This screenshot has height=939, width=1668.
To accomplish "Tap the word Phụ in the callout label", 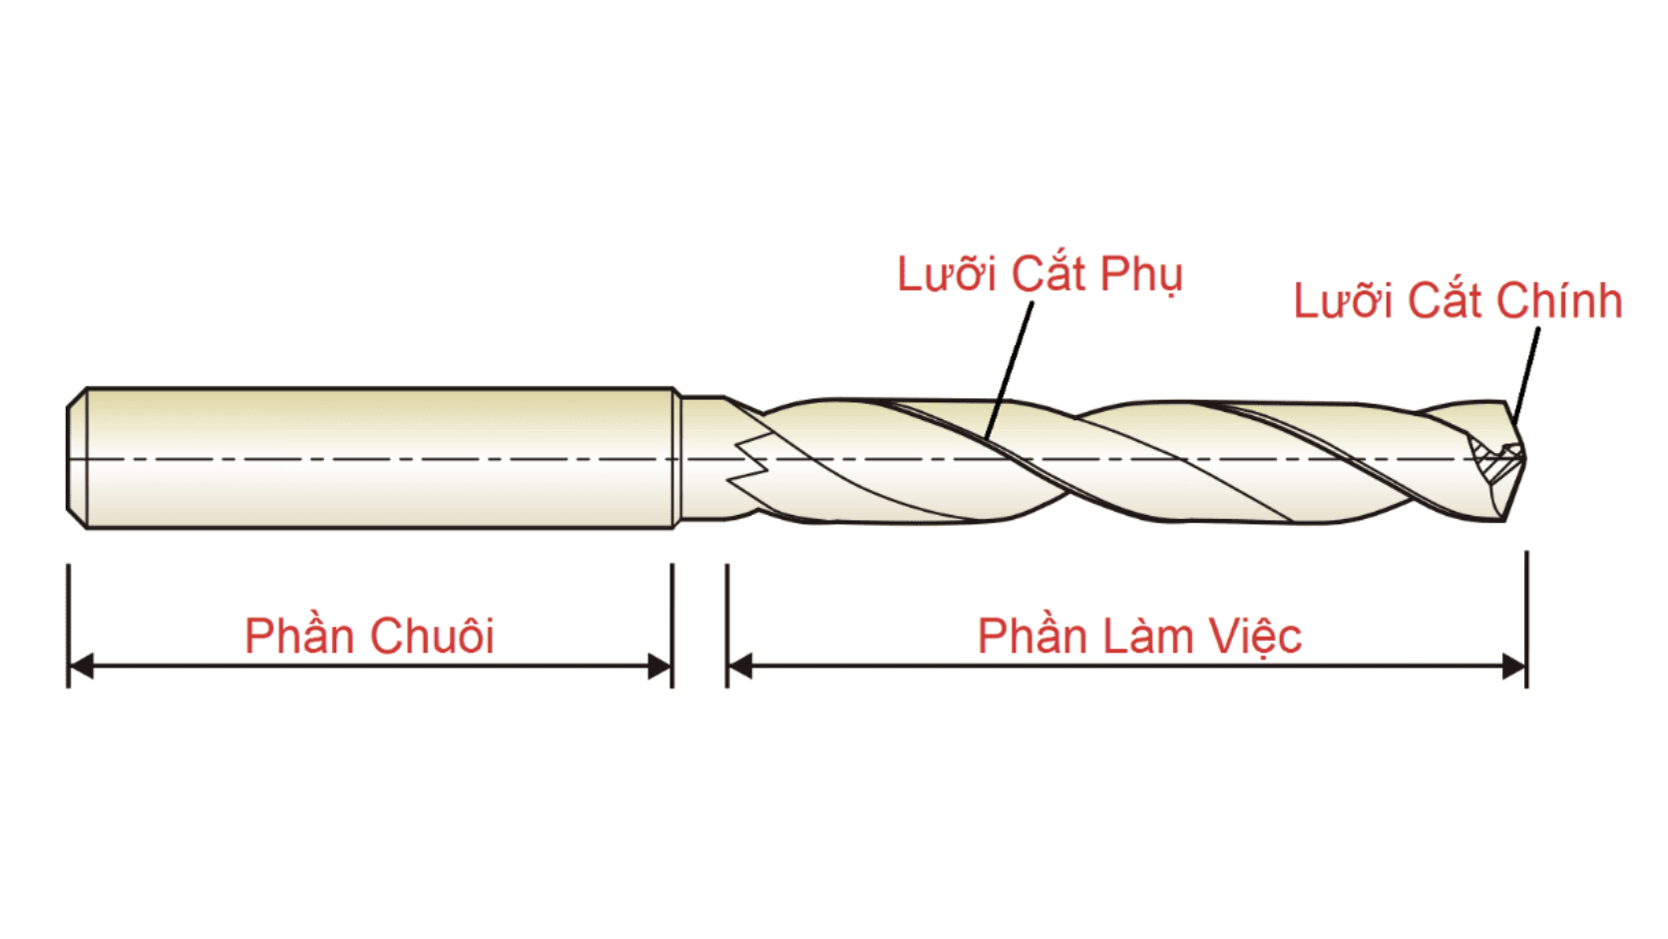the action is point(1141,275).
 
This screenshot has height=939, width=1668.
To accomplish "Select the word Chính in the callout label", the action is point(1559,300).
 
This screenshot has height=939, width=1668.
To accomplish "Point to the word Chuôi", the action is point(432,636).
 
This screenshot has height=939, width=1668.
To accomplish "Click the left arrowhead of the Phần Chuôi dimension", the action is point(81,666).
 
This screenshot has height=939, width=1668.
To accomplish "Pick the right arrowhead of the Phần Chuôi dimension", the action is point(659,666).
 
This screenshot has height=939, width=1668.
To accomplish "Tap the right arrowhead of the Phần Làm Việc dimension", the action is point(1513,666).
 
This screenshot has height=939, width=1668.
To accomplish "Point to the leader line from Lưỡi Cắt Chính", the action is point(1526,377).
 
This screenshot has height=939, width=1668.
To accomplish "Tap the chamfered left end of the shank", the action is point(78,458).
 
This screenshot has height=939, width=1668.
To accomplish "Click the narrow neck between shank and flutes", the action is point(702,458).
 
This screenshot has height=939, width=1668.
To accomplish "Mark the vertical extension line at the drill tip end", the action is point(1526,620).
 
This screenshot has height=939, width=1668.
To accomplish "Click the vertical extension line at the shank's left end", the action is point(69,626).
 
